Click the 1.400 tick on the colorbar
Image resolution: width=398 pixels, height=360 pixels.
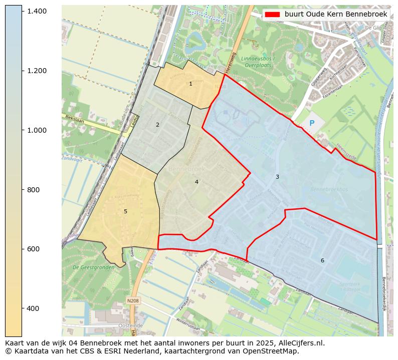37,11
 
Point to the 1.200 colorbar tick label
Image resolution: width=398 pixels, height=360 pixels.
37,71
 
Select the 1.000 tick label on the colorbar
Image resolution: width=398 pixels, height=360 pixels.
37,130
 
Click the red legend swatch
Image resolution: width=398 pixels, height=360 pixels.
273,15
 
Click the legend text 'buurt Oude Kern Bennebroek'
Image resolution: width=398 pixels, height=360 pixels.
336,15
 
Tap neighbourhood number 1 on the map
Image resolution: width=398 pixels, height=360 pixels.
190,84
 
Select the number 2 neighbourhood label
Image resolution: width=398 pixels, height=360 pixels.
157,125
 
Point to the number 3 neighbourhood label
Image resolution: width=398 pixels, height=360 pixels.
277,177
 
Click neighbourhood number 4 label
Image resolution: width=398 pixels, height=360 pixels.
196,182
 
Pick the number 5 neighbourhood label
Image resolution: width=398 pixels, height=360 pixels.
125,212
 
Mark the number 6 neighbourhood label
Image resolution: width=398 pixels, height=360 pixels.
322,261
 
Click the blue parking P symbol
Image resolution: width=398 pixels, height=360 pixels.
312,123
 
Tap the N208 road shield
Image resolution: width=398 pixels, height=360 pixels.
133,300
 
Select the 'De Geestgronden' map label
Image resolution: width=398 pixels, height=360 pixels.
90,267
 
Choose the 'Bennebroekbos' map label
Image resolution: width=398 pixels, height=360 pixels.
329,190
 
